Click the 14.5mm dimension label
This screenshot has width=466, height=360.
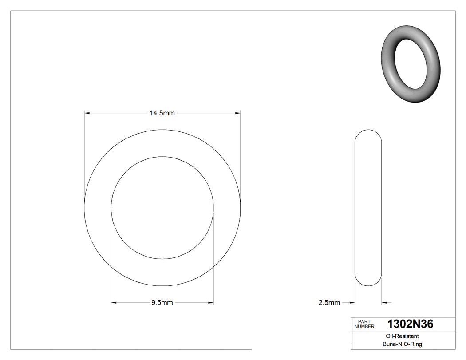pyautogui.click(x=162, y=113)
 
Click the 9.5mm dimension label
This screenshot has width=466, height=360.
pyautogui.click(x=162, y=303)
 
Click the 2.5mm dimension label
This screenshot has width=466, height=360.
pyautogui.click(x=329, y=303)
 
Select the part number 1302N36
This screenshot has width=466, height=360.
pyautogui.click(x=410, y=324)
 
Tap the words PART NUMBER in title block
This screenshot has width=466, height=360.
pyautogui.click(x=364, y=324)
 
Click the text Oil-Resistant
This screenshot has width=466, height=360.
pyautogui.click(x=400, y=336)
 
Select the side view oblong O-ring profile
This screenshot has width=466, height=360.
pyautogui.click(x=368, y=208)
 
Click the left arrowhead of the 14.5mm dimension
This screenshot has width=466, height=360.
pyautogui.click(x=87, y=113)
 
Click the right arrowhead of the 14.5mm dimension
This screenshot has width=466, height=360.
pyautogui.click(x=237, y=113)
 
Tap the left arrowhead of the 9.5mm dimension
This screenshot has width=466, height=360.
pyautogui.click(x=114, y=303)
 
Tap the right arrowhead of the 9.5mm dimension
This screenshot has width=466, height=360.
pyautogui.click(x=211, y=303)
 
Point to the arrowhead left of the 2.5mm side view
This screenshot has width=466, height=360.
pyautogui.click(x=352, y=303)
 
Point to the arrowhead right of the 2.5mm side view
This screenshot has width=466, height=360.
pyautogui.click(x=385, y=303)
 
